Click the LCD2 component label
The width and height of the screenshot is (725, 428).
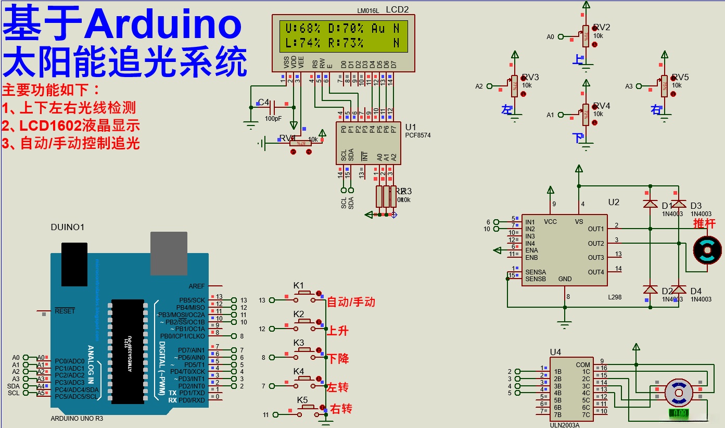click(x=397, y=9)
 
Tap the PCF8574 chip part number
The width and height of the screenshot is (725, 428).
click(x=417, y=135)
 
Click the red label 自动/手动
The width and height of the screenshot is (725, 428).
click(x=351, y=302)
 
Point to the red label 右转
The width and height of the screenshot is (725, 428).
click(x=341, y=409)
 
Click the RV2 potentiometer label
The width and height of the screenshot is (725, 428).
click(x=602, y=27)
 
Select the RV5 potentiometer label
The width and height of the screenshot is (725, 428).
click(x=680, y=77)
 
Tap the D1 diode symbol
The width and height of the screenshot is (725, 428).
click(x=650, y=204)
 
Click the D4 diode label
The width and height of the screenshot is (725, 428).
click(x=696, y=291)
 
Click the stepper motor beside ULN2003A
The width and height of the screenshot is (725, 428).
click(x=679, y=391)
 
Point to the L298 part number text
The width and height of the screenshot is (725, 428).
click(x=615, y=297)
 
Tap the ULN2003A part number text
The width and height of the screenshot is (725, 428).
click(x=565, y=424)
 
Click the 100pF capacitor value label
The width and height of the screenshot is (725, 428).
click(x=273, y=119)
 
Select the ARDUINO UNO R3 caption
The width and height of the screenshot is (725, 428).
click(x=77, y=418)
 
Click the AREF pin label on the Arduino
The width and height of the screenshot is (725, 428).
click(x=197, y=286)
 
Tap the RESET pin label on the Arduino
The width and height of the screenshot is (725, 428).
click(x=65, y=311)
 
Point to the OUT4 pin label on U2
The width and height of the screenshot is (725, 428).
click(x=596, y=272)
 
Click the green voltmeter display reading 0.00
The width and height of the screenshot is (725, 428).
click(x=679, y=413)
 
